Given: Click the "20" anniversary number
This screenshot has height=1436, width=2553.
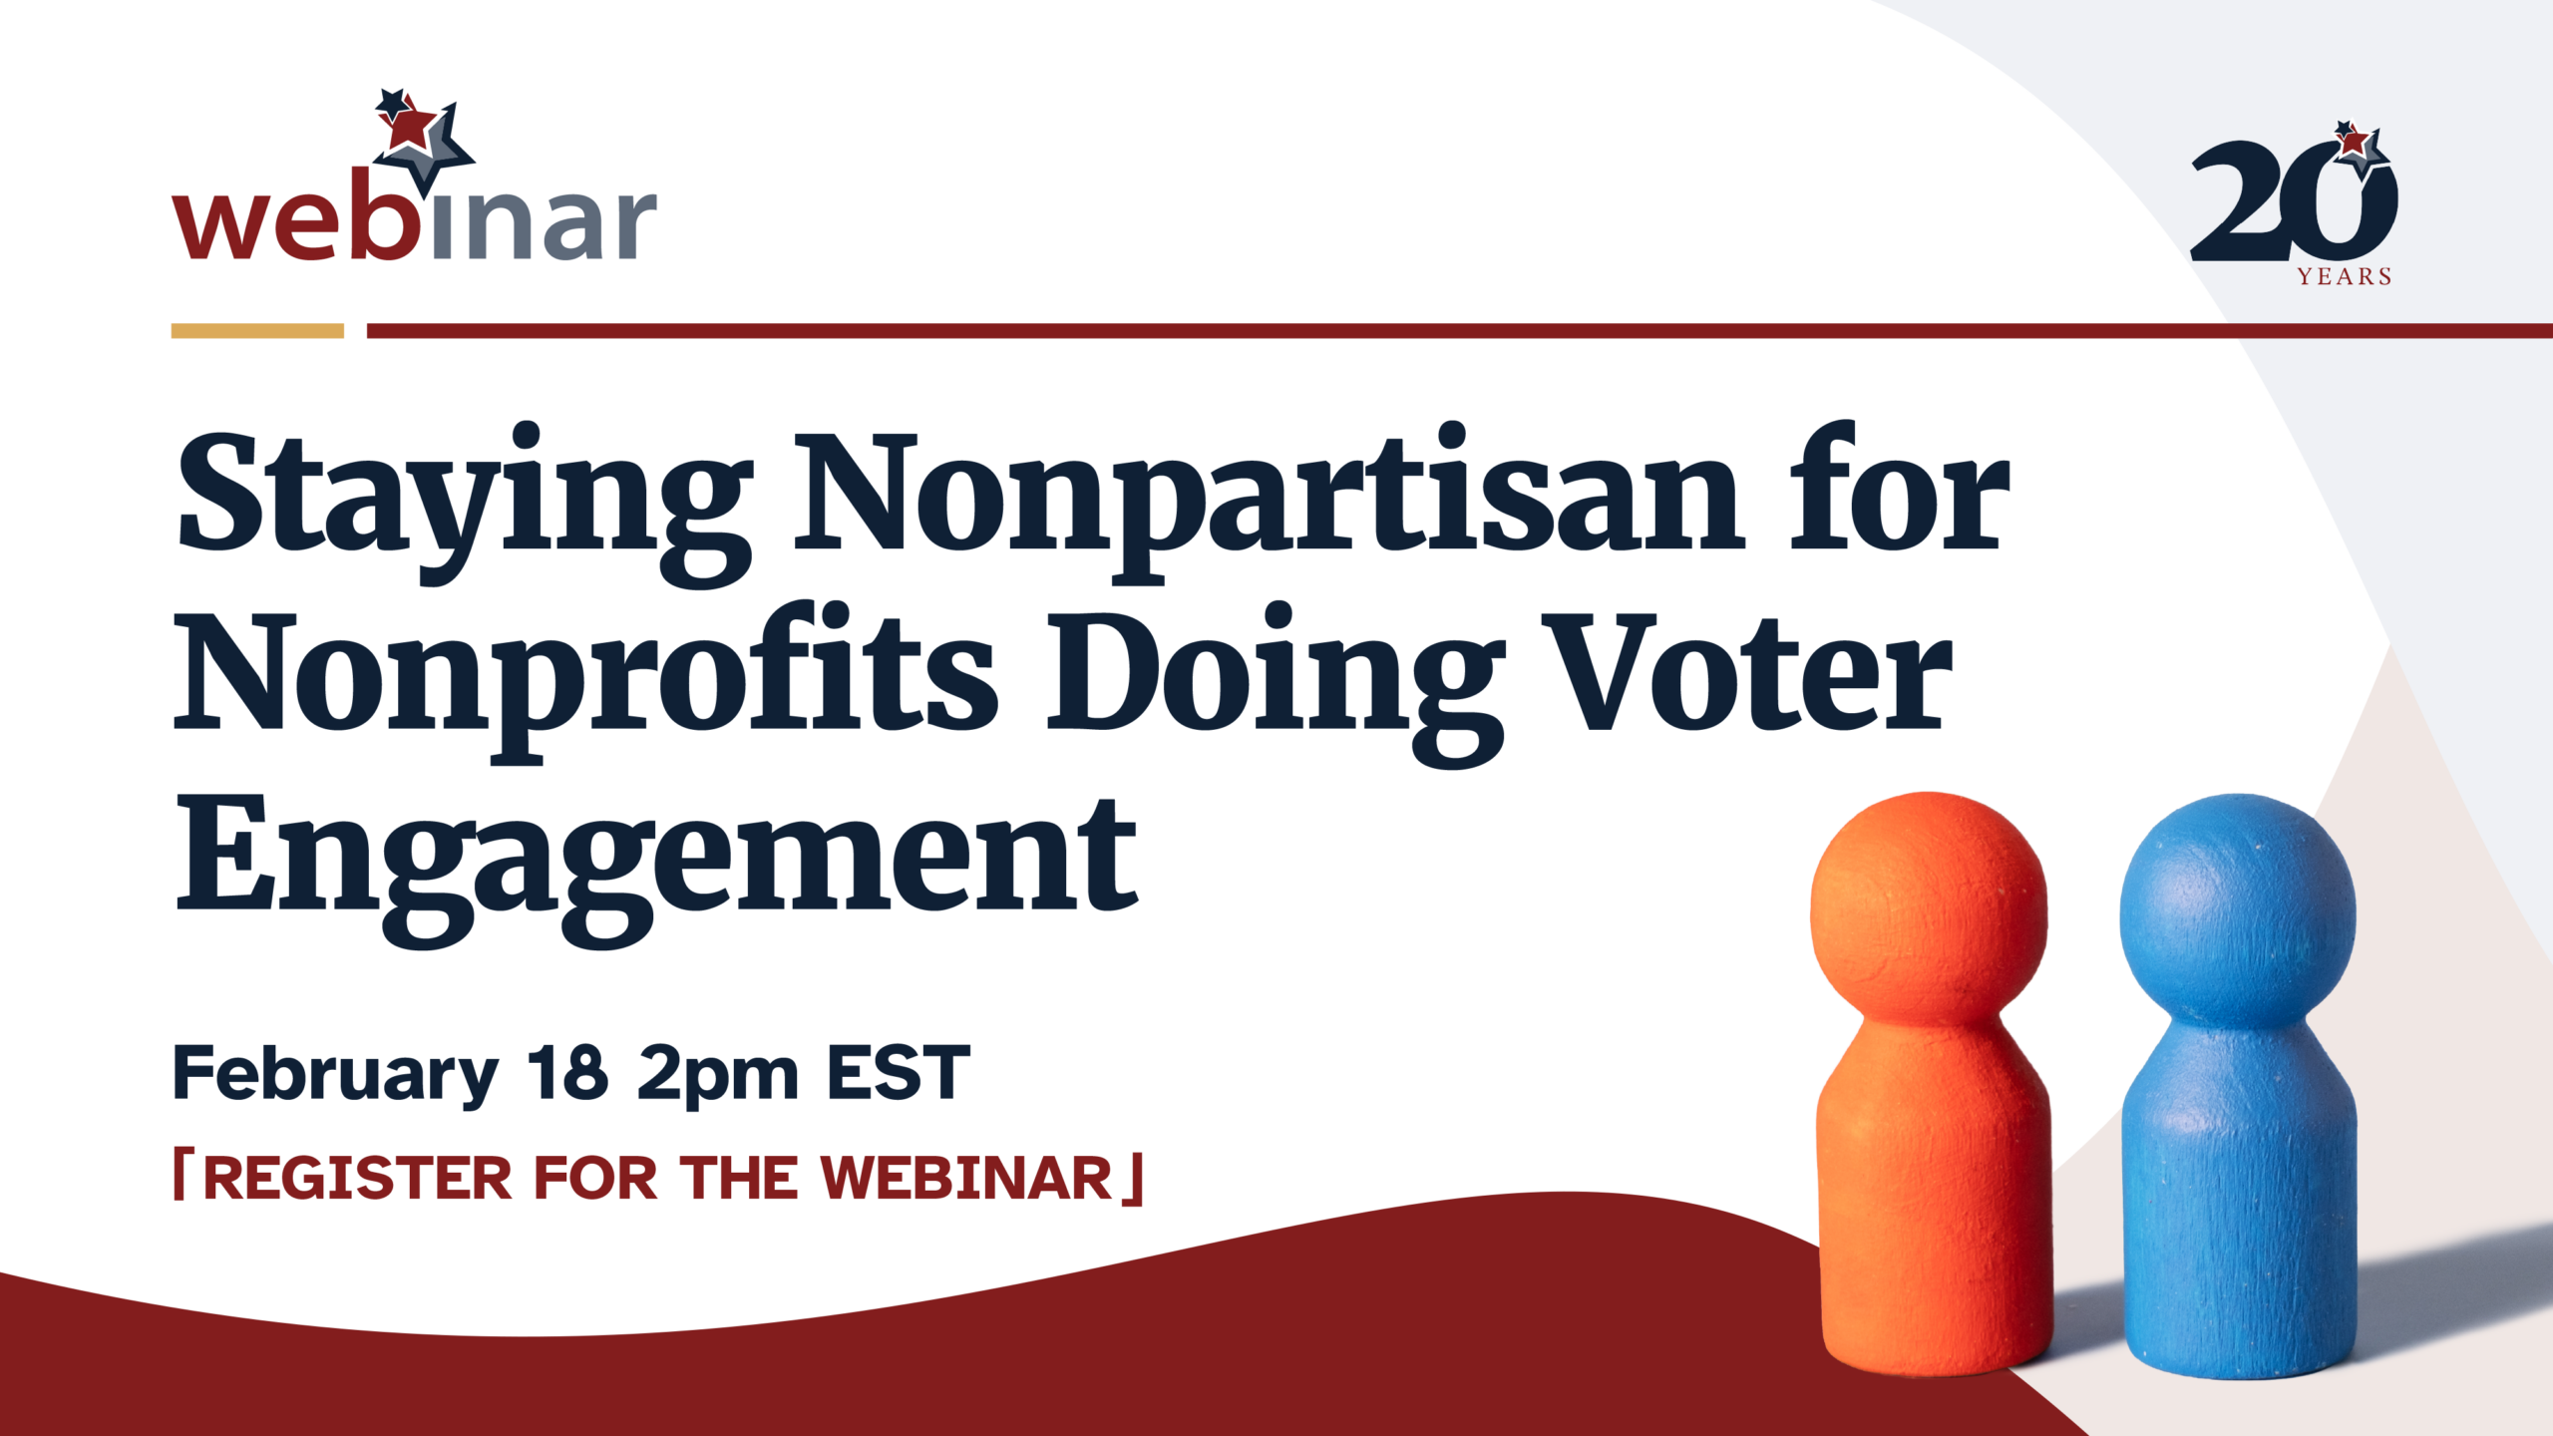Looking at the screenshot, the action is (x=2294, y=199).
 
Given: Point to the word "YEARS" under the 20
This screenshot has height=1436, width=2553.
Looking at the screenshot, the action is (x=2345, y=276).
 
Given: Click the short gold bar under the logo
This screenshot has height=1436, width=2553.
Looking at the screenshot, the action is (x=257, y=330).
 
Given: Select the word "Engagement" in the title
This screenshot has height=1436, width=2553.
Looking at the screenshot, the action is (x=657, y=868).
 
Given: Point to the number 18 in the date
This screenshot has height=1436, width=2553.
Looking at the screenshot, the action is (x=566, y=1073).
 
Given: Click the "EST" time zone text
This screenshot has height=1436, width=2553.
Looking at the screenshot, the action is (x=899, y=1073).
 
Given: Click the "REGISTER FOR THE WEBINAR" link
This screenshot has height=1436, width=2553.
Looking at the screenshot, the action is (x=658, y=1178).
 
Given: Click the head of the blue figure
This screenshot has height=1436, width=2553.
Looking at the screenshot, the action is (x=2238, y=911).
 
